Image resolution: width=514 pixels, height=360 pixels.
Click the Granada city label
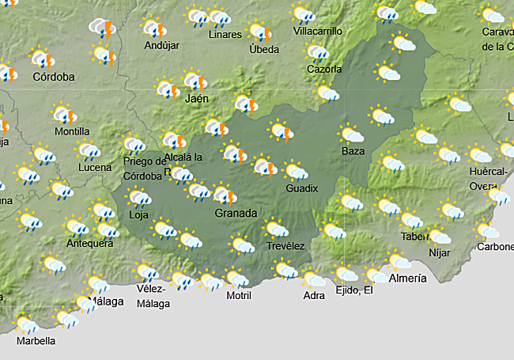pyautogui.click(x=236, y=214)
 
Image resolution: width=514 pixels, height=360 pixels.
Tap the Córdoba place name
pyautogui.click(x=54, y=78)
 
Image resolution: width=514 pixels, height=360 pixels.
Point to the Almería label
pyautogui.click(x=408, y=278)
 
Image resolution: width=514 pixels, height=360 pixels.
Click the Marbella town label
pyautogui.click(x=36, y=341)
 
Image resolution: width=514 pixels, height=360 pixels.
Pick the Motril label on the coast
pyautogui.click(x=238, y=296)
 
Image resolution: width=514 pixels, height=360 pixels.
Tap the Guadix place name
pyautogui.click(x=302, y=188)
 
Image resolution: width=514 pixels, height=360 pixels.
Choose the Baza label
pyautogui.click(x=353, y=150)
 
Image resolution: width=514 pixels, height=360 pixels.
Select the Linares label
pyautogui.click(x=225, y=36)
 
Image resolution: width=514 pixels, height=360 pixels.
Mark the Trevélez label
pyautogui.click(x=285, y=246)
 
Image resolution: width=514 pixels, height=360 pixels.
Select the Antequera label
pyautogui.click(x=89, y=244)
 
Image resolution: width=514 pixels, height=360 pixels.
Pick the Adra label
pyautogui.click(x=314, y=296)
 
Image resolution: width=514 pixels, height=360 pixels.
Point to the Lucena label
pyautogui.click(x=95, y=168)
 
